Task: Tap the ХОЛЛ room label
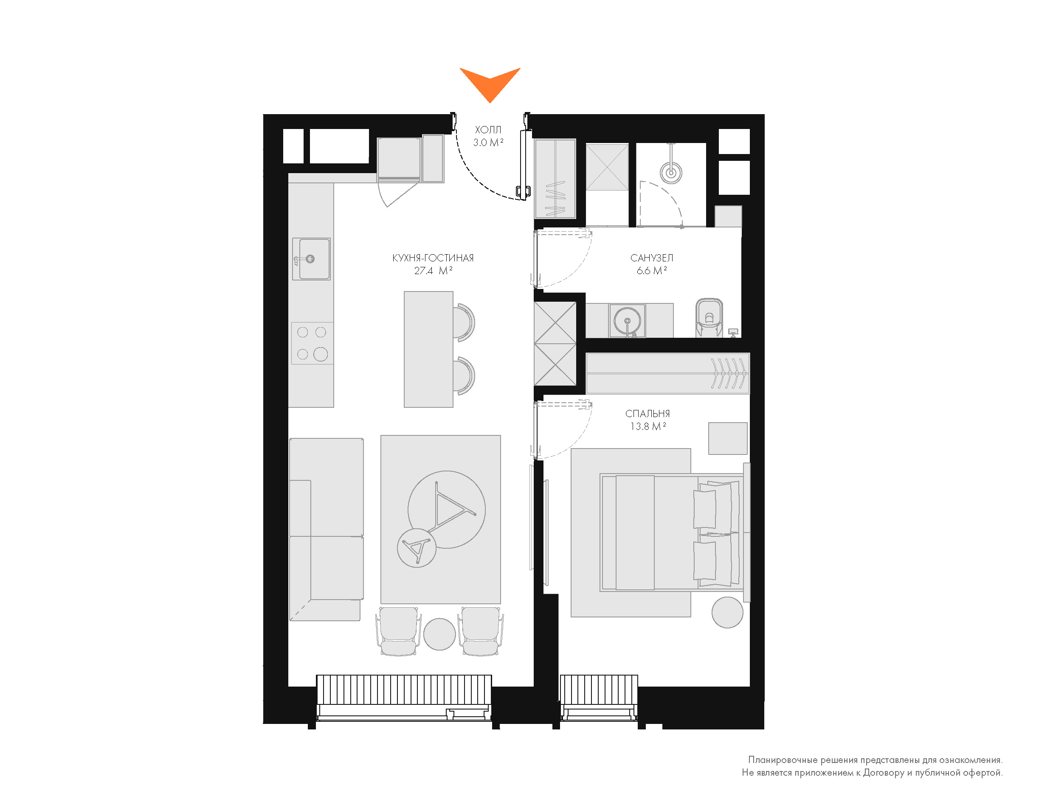(488, 130)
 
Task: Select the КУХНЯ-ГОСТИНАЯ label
(433, 258)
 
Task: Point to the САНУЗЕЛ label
(651, 258)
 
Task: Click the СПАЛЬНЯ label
(647, 414)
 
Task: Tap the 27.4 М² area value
(433, 271)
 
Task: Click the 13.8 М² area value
(648, 427)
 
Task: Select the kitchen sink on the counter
(311, 259)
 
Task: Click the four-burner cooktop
(312, 343)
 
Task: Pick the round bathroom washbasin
(627, 321)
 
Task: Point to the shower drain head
(671, 172)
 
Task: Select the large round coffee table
(447, 509)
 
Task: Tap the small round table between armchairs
(439, 634)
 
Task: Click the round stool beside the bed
(727, 612)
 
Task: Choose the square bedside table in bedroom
(727, 438)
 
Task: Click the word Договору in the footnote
(883, 773)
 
